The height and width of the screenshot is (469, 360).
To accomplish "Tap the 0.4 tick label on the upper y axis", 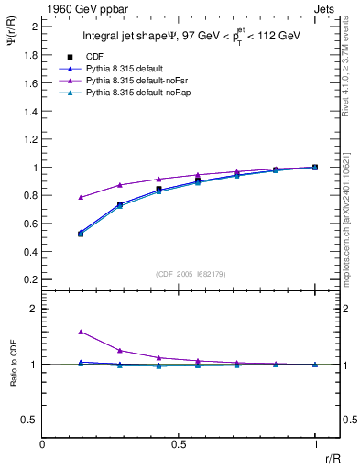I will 31,252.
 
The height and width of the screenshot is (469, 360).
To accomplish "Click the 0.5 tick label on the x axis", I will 179,443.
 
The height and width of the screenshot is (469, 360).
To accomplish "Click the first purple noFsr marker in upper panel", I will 82,197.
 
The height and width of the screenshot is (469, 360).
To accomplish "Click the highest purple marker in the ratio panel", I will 82,332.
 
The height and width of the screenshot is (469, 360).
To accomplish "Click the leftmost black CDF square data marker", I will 82,234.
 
